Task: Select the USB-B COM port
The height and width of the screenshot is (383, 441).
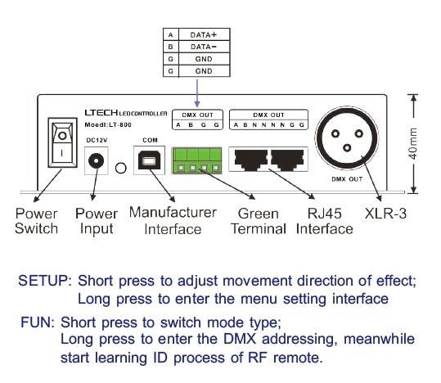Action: tap(149, 162)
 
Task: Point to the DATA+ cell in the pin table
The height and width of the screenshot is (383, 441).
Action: tap(201, 36)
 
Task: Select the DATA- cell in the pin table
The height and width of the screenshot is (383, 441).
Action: tap(201, 47)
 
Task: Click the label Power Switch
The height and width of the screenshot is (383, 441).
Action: tap(37, 221)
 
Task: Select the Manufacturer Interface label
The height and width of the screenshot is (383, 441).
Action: tap(173, 221)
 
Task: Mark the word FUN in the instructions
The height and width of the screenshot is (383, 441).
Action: tap(34, 322)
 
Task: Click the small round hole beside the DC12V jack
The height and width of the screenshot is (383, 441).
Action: tap(121, 169)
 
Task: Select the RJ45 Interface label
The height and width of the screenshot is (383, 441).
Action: tap(324, 221)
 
